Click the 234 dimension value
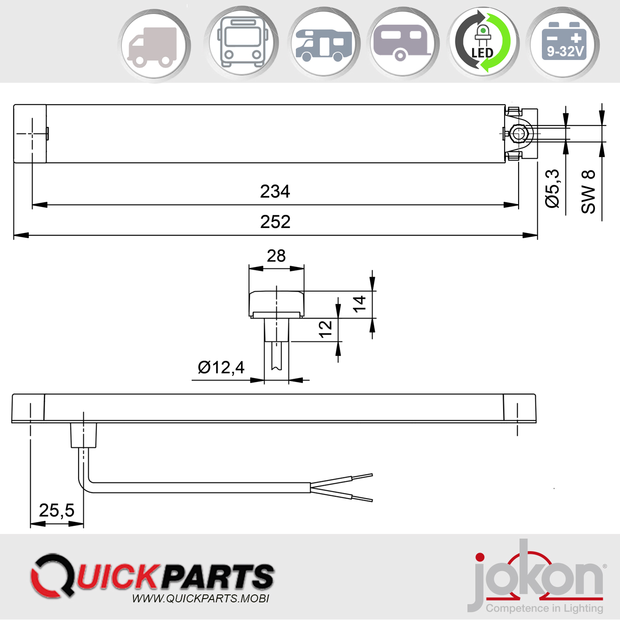click(275, 192)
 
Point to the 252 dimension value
click(275, 222)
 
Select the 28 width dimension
click(276, 256)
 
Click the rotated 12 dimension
click(326, 329)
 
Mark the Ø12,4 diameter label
click(221, 367)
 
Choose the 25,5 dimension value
click(57, 510)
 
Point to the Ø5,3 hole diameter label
click(553, 188)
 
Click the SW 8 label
click(588, 192)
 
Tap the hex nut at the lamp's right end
click(519, 134)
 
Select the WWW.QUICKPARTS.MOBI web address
click(200, 599)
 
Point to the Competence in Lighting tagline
click(544, 608)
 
